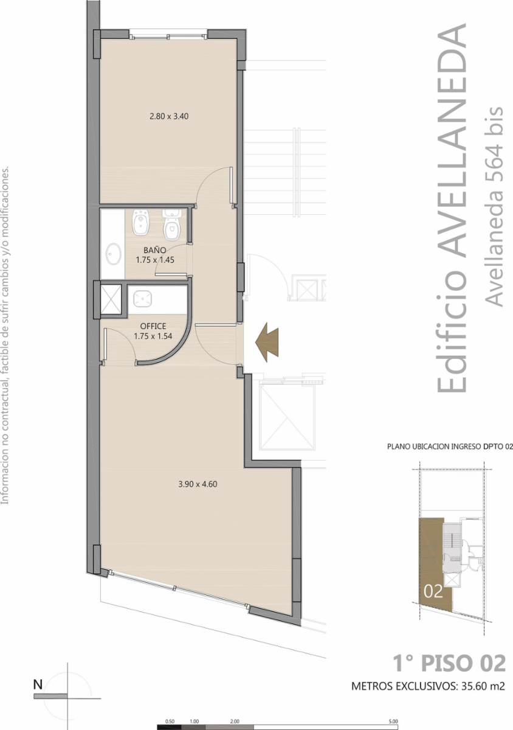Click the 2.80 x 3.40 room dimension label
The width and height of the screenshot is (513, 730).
[169, 116]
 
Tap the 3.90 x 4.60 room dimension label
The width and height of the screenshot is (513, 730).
[198, 484]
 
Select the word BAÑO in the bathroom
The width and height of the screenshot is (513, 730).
[155, 250]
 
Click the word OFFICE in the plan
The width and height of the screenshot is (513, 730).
[153, 326]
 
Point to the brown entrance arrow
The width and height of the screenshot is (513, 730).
[267, 342]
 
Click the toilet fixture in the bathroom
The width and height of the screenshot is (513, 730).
[171, 224]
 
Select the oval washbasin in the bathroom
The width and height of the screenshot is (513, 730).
[113, 254]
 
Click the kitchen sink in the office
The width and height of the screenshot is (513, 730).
[142, 299]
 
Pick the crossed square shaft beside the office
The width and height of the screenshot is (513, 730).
[111, 300]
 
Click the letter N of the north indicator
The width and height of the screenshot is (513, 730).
[38, 685]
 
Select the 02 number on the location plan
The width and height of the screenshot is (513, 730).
[433, 591]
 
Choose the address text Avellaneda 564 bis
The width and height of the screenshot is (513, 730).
[494, 206]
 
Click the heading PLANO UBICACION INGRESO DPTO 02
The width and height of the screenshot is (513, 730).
[450, 446]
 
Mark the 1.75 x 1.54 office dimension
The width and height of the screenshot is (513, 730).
[153, 336]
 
